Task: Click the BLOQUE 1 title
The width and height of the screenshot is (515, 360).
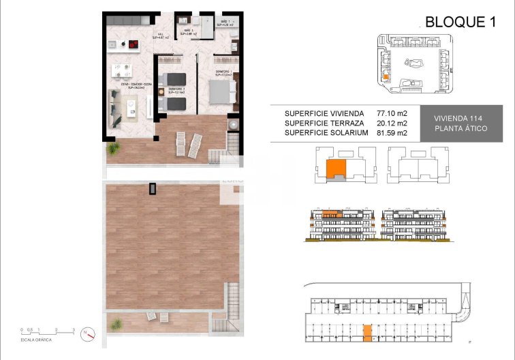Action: [x=460, y=22]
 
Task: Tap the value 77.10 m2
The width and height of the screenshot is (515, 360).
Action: [x=392, y=113]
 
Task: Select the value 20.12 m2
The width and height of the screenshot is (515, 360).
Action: [x=392, y=123]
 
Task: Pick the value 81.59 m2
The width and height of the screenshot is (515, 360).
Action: [x=392, y=134]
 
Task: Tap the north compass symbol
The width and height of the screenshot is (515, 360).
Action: [x=87, y=333]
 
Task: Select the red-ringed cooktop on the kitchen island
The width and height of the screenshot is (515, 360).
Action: [x=134, y=46]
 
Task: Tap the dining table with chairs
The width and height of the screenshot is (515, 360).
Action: [x=123, y=70]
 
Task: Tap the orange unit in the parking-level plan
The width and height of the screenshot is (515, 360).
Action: [x=367, y=332]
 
